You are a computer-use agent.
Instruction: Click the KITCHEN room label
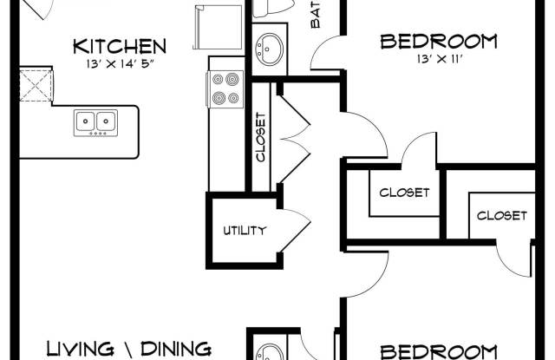click(120, 46)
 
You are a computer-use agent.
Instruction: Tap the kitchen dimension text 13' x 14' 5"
click(121, 64)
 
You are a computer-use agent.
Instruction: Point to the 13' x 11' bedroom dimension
click(440, 59)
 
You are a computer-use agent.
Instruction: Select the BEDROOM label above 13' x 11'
click(439, 42)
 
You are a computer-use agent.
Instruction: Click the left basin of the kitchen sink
click(85, 121)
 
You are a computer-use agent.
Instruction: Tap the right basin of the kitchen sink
click(106, 121)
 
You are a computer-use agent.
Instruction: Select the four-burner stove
click(225, 88)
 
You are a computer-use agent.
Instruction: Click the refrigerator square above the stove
click(218, 27)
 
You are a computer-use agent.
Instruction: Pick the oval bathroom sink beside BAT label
click(270, 49)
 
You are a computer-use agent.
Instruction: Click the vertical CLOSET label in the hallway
click(260, 137)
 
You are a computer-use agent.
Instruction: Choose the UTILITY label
click(245, 231)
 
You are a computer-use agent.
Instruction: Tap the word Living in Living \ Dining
click(81, 349)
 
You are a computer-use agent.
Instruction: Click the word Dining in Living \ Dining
click(176, 350)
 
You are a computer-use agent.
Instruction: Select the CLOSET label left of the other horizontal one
click(404, 193)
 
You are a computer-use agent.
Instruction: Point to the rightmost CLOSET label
click(501, 216)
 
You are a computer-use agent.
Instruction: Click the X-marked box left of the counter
click(36, 85)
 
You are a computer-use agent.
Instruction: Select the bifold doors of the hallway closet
click(295, 139)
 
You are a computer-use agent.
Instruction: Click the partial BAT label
click(316, 14)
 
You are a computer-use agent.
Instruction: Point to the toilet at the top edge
click(273, 8)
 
